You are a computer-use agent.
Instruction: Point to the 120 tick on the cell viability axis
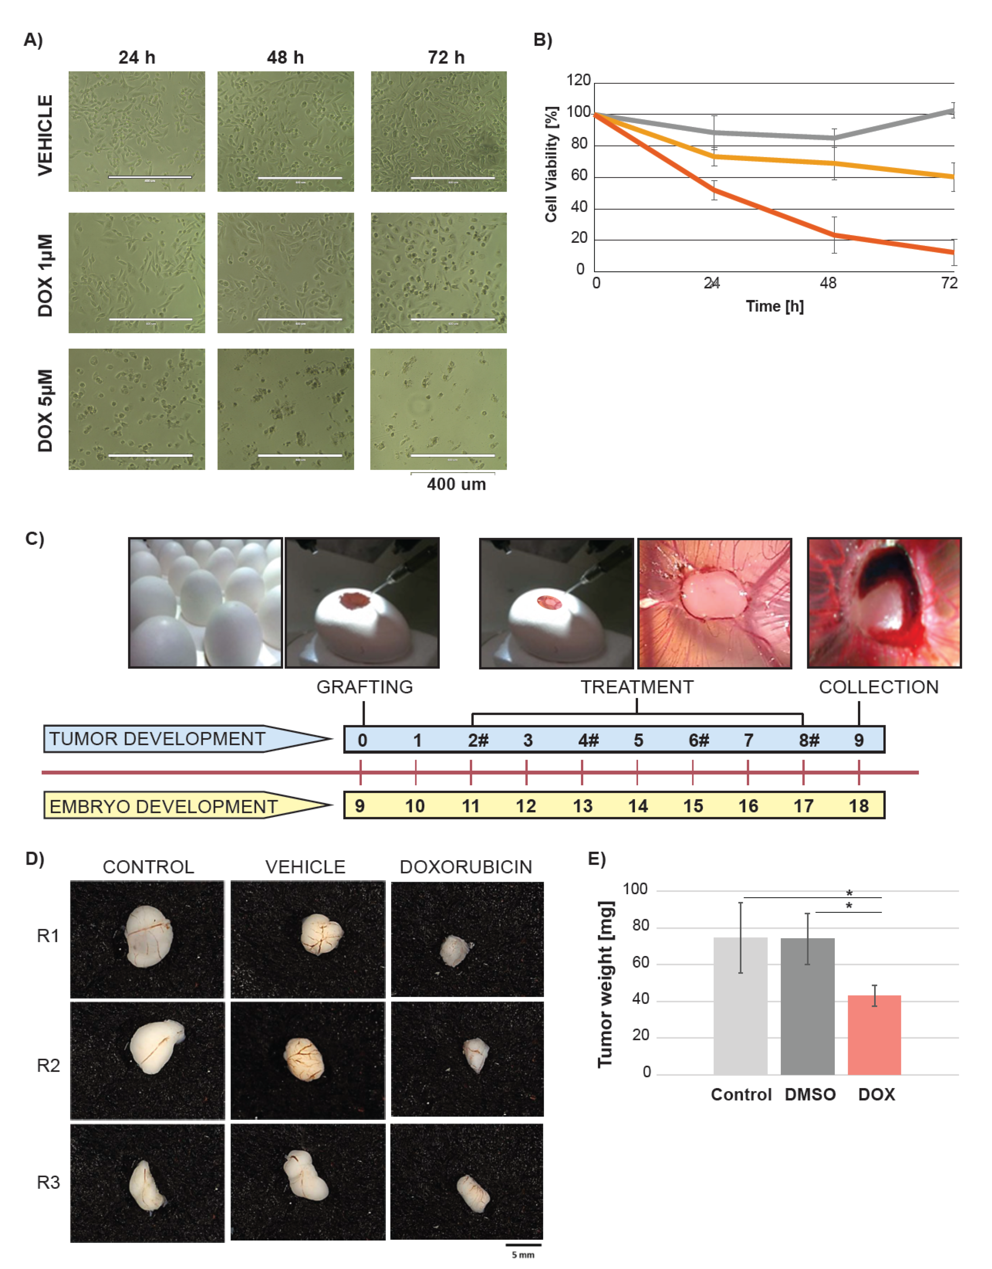[x=579, y=80]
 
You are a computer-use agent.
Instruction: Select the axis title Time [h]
[x=775, y=306]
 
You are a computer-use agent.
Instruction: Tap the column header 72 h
[x=446, y=57]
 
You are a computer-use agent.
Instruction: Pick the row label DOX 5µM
[x=45, y=410]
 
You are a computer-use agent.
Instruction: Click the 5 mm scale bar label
[x=523, y=1255]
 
